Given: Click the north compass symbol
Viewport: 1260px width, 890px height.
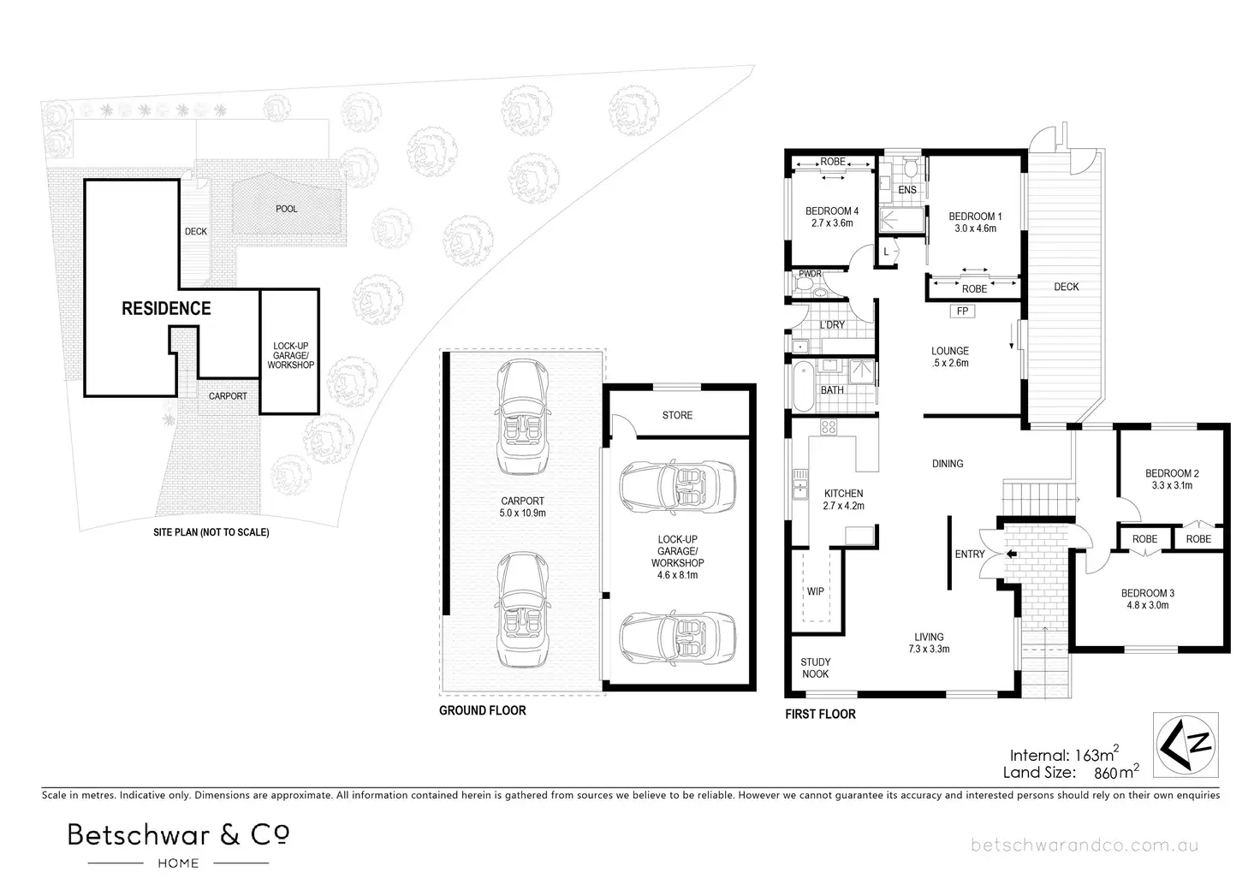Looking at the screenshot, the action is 1186,745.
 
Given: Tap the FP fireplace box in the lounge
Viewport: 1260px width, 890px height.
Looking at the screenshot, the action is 962,311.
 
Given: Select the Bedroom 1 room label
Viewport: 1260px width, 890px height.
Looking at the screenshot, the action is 975,217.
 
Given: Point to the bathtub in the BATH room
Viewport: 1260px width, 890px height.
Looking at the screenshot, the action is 802,387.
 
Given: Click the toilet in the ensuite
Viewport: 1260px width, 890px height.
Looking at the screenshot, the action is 911,168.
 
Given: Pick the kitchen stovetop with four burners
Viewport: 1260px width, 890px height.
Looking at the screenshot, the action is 829,427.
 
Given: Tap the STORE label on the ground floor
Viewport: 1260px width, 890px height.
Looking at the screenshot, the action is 677,415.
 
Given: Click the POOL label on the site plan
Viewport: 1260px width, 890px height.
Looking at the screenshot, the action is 286,209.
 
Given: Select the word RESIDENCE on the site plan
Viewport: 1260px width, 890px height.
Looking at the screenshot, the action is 167,308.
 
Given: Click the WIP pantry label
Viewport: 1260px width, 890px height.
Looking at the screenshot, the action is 815,590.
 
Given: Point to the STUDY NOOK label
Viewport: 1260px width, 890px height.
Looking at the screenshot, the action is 816,667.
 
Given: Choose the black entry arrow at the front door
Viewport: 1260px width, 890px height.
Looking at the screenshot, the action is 1012,554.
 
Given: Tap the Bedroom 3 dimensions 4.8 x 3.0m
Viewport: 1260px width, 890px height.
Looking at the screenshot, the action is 1148,606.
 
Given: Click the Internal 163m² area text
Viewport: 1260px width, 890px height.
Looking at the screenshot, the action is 1064,754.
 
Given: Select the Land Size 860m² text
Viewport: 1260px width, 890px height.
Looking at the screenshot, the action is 1071,772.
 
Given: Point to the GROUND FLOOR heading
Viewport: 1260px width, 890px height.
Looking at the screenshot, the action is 483,710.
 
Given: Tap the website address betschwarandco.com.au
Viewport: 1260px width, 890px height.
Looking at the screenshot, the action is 1085,845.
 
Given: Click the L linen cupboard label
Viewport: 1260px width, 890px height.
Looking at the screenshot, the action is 886,252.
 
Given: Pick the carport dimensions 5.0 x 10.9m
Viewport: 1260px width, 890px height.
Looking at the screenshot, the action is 522,513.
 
